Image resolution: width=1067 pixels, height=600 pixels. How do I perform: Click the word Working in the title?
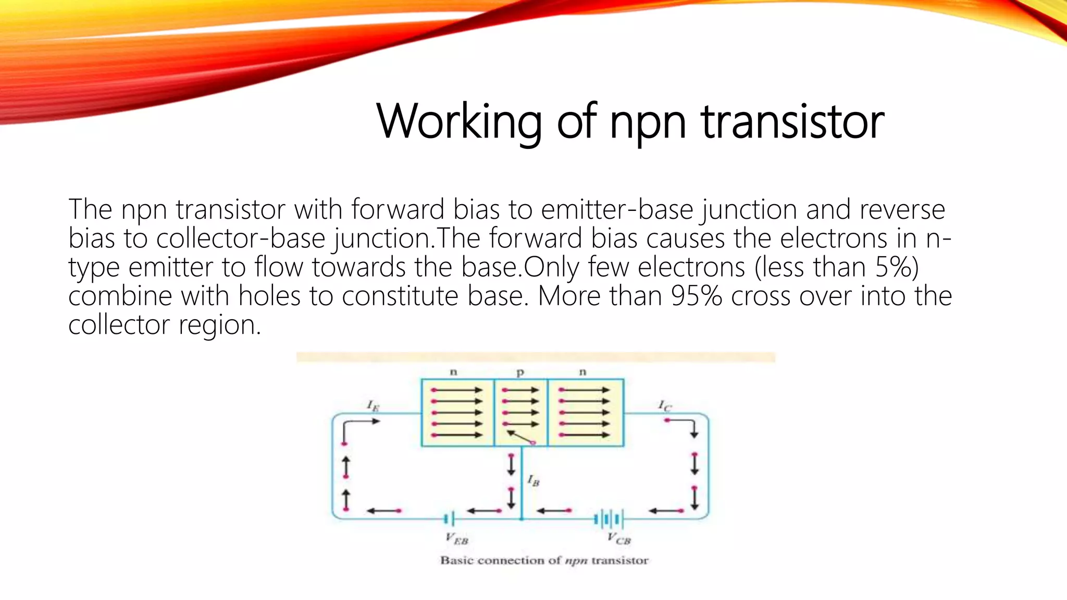[x=458, y=122]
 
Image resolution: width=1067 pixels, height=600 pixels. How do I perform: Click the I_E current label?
[x=373, y=406]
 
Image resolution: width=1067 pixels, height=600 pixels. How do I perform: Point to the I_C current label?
[x=664, y=406]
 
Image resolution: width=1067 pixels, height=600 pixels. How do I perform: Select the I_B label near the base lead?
[x=533, y=480]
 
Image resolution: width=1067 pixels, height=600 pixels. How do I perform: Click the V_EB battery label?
[x=457, y=539]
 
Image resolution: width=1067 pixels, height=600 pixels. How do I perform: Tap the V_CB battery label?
[x=619, y=539]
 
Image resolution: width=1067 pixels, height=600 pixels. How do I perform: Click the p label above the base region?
[x=520, y=372]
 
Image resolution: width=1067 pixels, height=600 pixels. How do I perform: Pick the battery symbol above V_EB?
[x=449, y=519]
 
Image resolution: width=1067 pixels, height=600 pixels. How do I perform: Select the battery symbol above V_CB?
[x=608, y=519]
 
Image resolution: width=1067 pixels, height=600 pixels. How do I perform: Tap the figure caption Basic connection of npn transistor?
[x=544, y=560]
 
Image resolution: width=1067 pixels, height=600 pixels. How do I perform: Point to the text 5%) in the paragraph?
[x=897, y=267]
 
